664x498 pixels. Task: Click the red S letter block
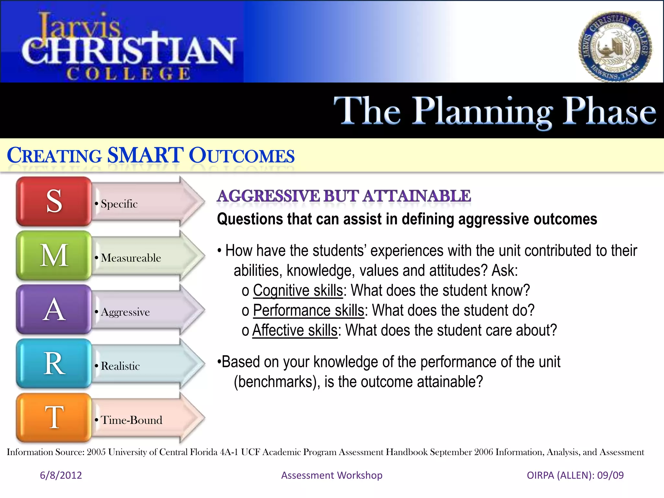pyautogui.click(x=54, y=201)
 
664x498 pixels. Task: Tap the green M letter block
pyautogui.click(x=54, y=255)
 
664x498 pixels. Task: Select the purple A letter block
pyautogui.click(x=54, y=310)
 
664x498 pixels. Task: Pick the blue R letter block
pyautogui.click(x=54, y=363)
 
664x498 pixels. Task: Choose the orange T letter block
pyautogui.click(x=54, y=418)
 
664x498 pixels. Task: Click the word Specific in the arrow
pyautogui.click(x=119, y=204)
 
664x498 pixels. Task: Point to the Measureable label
pyautogui.click(x=131, y=258)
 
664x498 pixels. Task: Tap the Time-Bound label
pyautogui.click(x=131, y=420)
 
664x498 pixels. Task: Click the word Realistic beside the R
pyautogui.click(x=120, y=366)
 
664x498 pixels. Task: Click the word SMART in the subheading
pyautogui.click(x=145, y=155)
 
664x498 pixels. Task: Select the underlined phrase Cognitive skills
pyautogui.click(x=298, y=290)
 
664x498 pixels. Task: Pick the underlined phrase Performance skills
pyautogui.click(x=308, y=310)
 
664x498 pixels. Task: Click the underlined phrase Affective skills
pyautogui.click(x=295, y=330)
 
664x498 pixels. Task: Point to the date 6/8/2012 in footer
pyautogui.click(x=61, y=475)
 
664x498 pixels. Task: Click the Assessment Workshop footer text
pyautogui.click(x=332, y=475)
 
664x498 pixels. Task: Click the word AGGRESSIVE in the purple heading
pyautogui.click(x=268, y=196)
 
